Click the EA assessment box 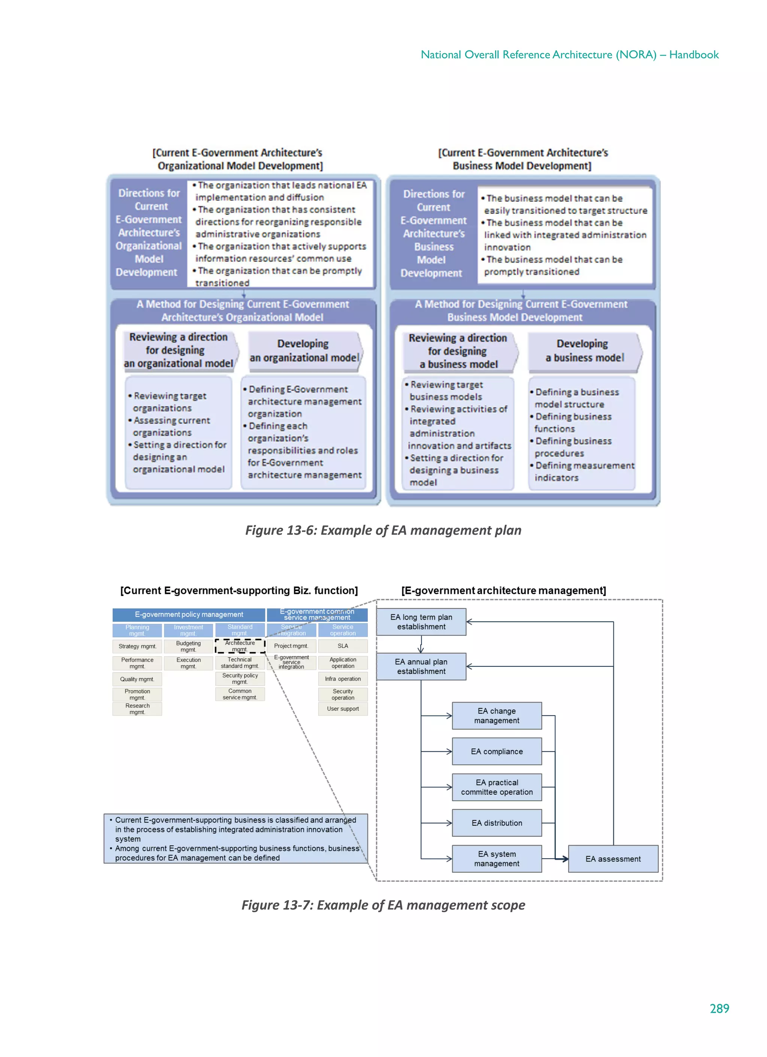[x=613, y=859]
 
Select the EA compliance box [x=497, y=751]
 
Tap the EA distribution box [x=497, y=823]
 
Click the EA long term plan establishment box [x=421, y=622]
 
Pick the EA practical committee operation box [x=497, y=787]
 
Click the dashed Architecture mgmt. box [x=240, y=646]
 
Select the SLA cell [x=343, y=646]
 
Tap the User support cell [x=343, y=709]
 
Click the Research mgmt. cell [x=137, y=709]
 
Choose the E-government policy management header [x=189, y=615]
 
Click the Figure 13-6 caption [x=383, y=530]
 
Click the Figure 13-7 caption [x=383, y=905]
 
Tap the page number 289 [x=719, y=1009]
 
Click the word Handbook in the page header [x=694, y=55]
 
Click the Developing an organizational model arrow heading [x=304, y=351]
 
